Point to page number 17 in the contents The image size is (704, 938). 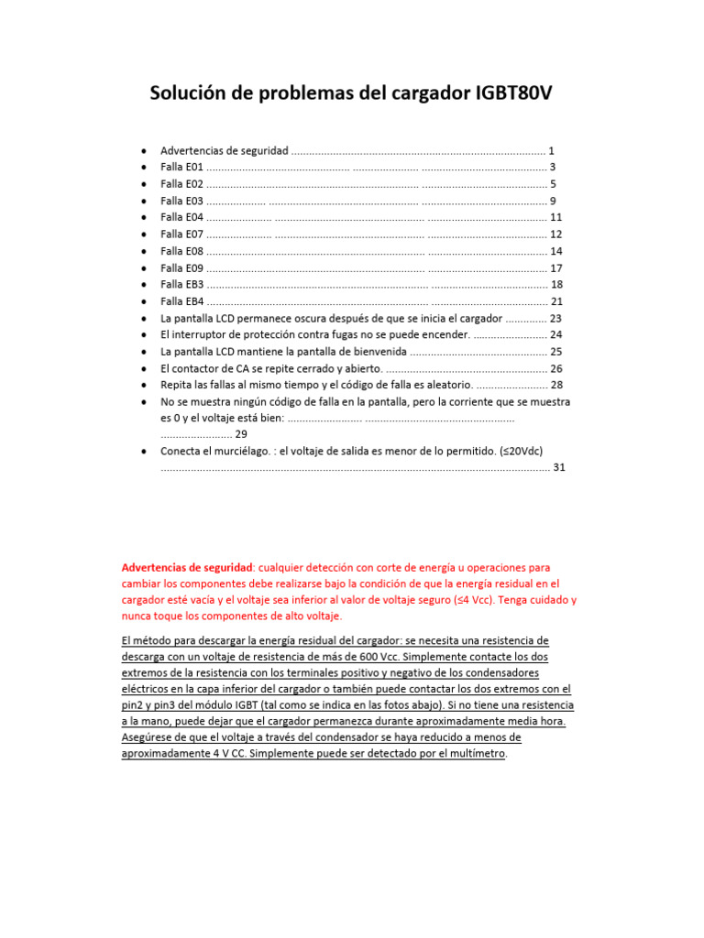555,268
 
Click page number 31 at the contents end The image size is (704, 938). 559,467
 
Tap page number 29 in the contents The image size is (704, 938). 241,434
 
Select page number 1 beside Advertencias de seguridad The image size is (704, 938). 551,150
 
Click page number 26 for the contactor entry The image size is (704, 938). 555,368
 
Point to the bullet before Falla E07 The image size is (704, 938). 144,234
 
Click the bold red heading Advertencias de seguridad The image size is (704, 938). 187,567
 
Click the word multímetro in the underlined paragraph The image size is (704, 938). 476,754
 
